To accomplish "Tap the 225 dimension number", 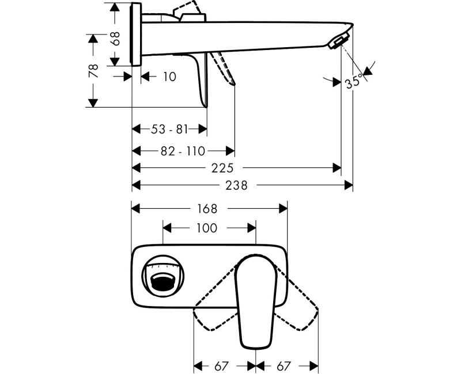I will [222, 168].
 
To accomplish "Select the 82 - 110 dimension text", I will [183, 151].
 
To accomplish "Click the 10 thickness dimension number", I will [169, 76].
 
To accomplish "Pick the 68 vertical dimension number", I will [115, 39].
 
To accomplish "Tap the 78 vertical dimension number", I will [93, 71].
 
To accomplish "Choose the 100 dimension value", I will [206, 228].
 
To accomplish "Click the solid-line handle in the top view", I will [256, 299].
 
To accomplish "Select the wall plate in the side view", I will [137, 35].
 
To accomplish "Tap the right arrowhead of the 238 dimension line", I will [349, 185].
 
